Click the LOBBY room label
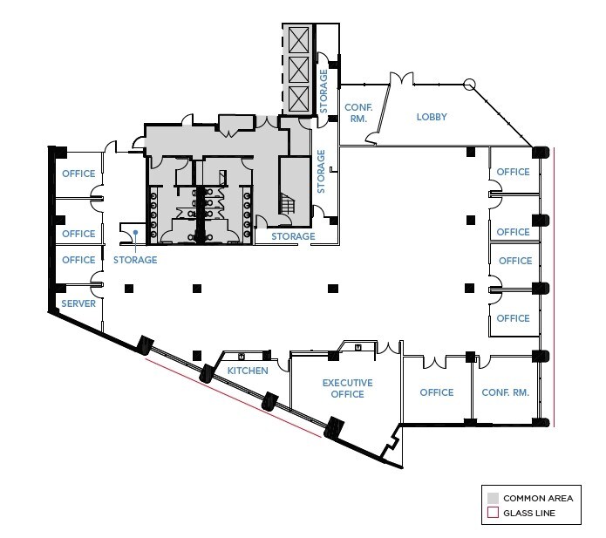(x=432, y=116)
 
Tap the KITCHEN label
(x=248, y=371)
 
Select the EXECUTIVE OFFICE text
(x=347, y=388)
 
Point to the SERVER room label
(x=78, y=303)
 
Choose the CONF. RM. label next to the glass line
(x=506, y=392)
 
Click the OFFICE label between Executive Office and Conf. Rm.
(x=436, y=392)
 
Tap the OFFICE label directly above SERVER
(x=78, y=260)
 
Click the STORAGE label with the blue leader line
(x=134, y=260)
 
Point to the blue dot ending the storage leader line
(x=135, y=232)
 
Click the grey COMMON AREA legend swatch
(x=492, y=498)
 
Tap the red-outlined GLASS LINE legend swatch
(x=492, y=514)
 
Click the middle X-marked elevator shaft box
(x=299, y=68)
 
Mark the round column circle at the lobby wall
(x=468, y=85)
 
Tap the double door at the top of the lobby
(x=402, y=80)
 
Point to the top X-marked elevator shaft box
(x=299, y=39)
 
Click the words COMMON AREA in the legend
(x=538, y=498)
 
